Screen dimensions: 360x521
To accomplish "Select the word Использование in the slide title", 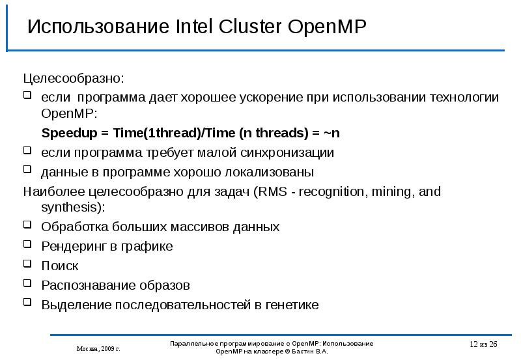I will (x=98, y=27).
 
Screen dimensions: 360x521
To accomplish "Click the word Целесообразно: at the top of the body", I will (x=73, y=79).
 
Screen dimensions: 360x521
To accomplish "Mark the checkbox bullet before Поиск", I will (x=27, y=264).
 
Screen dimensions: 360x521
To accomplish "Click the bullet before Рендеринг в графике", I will (x=27, y=245).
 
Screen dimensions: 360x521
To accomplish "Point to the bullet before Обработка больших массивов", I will (x=27, y=225).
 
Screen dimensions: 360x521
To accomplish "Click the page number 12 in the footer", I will (x=473, y=344).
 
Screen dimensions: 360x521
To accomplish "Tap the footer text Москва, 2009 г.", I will (x=98, y=348).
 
